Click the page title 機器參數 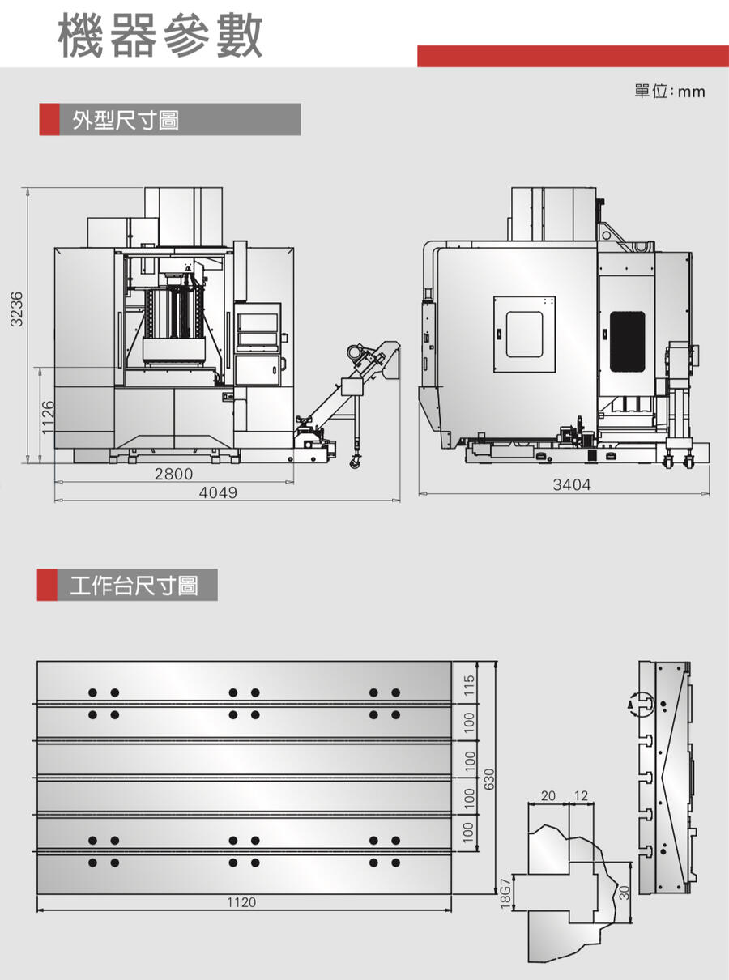tap(160, 36)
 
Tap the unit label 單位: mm tap(669, 92)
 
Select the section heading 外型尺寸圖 tap(126, 121)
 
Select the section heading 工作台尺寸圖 tap(134, 585)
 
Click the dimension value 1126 tap(48, 415)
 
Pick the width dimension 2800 tap(173, 475)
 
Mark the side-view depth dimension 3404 tap(572, 485)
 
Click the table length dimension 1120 tap(241, 902)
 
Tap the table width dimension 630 tap(489, 778)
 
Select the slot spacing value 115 tap(469, 685)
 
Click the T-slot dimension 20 tap(548, 796)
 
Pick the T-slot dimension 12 tap(581, 796)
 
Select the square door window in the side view tap(524, 334)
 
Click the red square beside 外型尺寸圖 tap(49, 121)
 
